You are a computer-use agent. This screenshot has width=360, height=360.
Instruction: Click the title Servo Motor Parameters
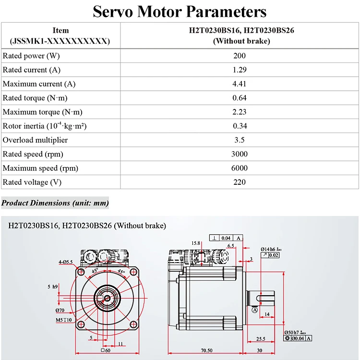180,11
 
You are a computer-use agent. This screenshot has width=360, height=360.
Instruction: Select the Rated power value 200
240,56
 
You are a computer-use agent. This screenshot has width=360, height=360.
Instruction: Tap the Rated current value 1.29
240,70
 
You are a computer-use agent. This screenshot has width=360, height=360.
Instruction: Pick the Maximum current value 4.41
240,84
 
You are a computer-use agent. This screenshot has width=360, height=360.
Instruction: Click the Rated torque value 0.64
240,98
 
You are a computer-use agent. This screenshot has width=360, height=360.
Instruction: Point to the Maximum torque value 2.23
240,112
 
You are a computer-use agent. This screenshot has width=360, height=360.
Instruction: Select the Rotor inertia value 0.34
240,126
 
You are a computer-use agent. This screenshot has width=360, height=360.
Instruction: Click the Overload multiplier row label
35,140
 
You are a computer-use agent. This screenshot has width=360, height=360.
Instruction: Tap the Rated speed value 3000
240,154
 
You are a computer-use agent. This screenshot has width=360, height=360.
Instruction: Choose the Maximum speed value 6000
240,168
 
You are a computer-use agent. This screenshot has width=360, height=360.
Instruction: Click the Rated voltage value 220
240,182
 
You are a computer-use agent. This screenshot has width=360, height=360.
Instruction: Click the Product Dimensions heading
55,203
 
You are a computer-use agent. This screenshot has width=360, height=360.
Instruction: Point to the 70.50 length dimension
207,350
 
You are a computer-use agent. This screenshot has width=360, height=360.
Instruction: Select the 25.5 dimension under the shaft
261,338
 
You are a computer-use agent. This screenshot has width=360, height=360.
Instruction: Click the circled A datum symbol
254,310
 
